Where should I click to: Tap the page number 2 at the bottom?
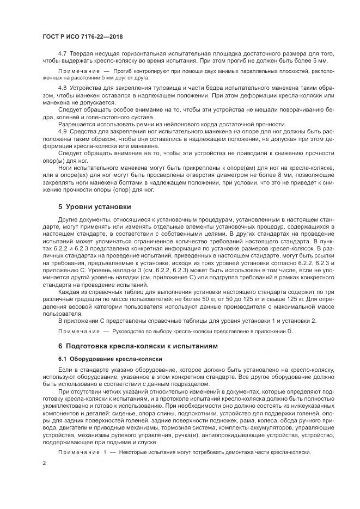pos(44,464)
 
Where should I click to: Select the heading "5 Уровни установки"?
pos(94,206)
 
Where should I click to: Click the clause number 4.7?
pos(62,53)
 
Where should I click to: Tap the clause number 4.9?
pos(62,131)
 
